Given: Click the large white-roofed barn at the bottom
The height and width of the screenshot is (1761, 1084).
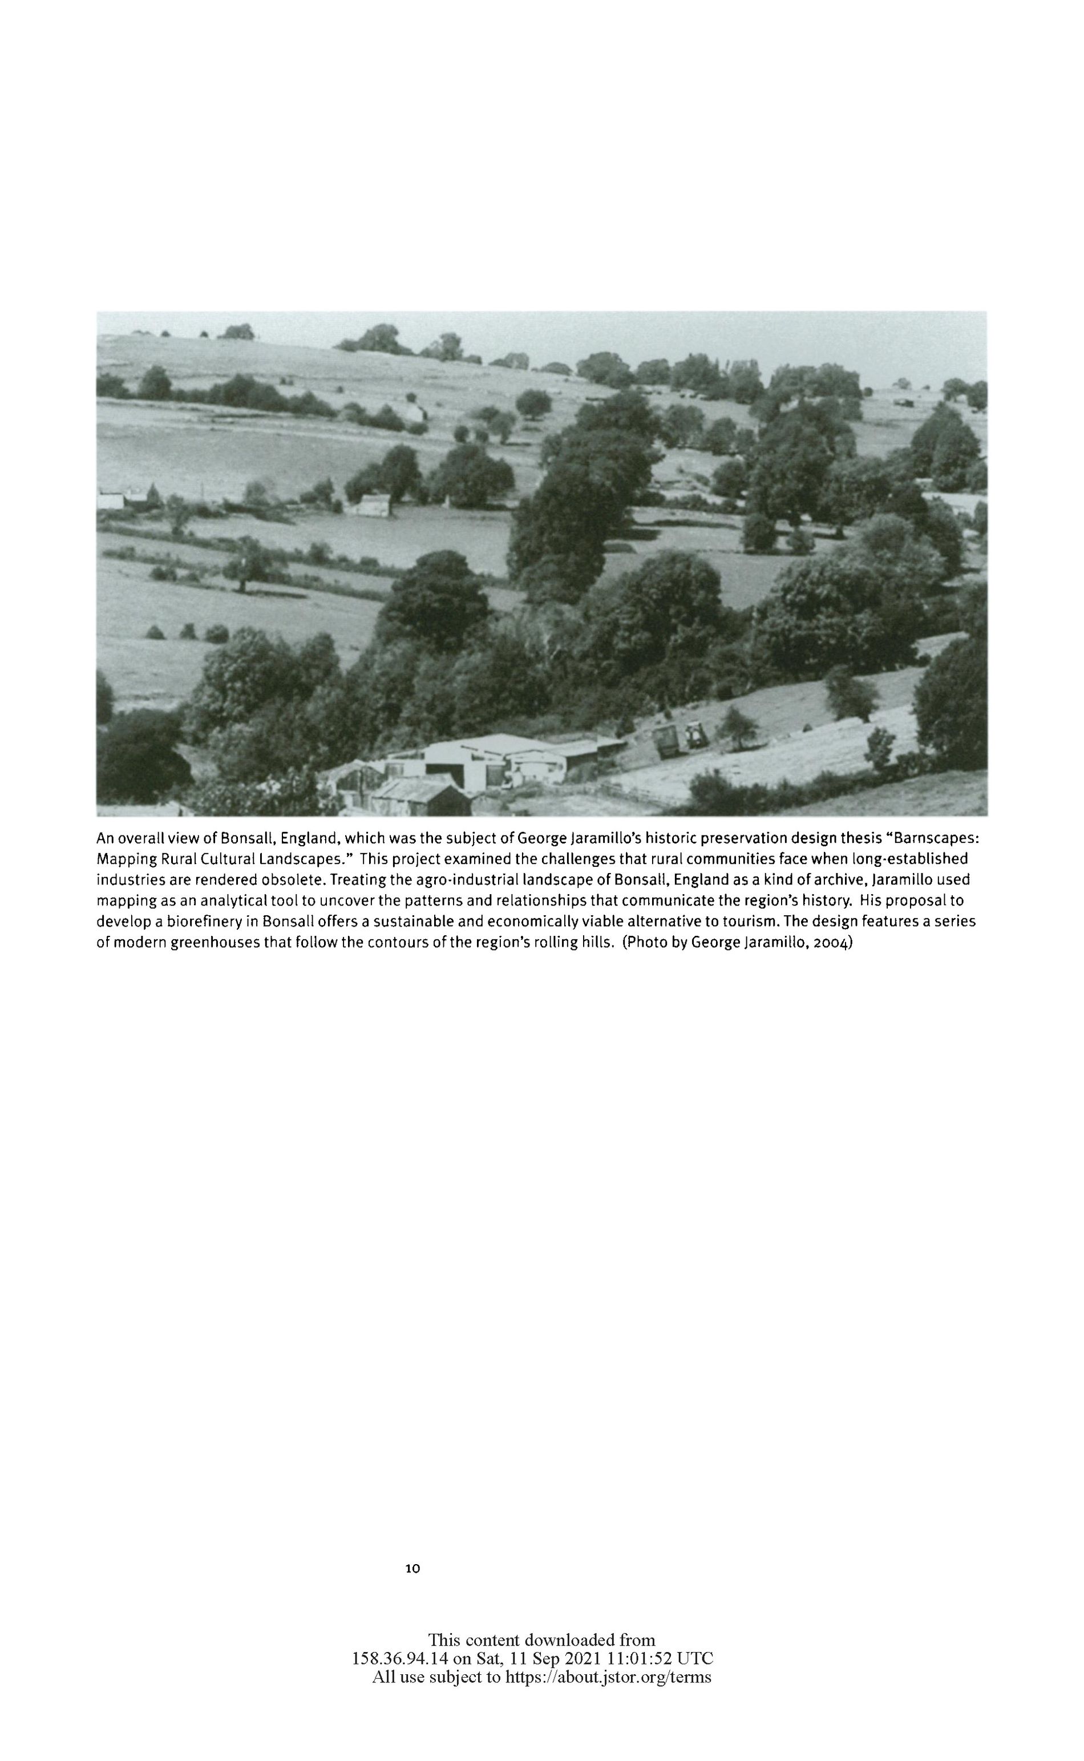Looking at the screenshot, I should (x=495, y=760).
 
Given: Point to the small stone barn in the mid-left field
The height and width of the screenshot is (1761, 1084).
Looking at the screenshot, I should (x=369, y=505).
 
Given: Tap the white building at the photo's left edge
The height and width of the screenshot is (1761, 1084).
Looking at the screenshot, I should (x=110, y=500).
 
